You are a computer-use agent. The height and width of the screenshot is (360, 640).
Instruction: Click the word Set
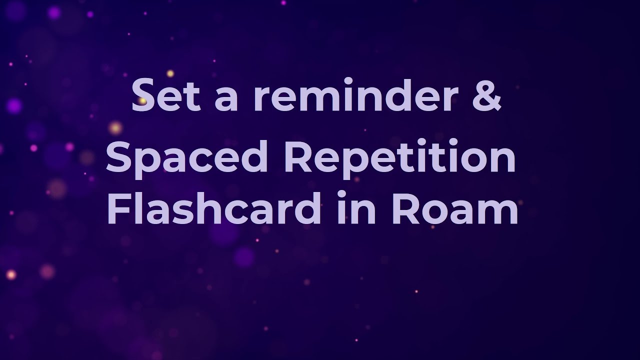click(165, 95)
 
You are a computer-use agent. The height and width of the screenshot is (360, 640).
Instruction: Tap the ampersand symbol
click(484, 95)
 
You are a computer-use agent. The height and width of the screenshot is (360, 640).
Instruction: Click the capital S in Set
click(144, 95)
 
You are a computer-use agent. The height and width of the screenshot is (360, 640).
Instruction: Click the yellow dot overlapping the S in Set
click(143, 101)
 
